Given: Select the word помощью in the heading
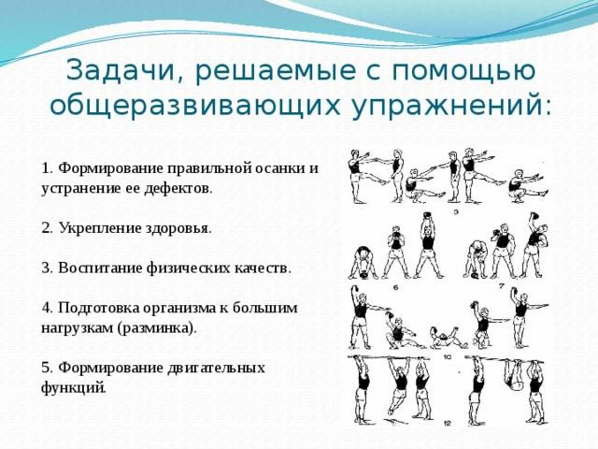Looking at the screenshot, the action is pos(463,71).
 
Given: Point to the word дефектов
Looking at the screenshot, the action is pos(178,189).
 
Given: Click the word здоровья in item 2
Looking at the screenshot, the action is pos(178,228).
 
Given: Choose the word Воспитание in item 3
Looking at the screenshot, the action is pos(100,268).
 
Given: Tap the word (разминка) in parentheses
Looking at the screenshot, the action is pos(157,328).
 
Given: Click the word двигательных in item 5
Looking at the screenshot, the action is pos(216,368).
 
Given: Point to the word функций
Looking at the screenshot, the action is pos(73,388).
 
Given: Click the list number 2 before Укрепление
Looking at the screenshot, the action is pos(46,228).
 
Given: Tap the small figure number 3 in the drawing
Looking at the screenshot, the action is pos(455,212).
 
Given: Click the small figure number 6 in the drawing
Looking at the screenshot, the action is pos(395,287).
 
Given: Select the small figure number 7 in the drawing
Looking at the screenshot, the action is pos(502,285).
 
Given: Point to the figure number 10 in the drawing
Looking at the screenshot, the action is pos(448,357).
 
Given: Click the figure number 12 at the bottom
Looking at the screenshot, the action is pos(448,424).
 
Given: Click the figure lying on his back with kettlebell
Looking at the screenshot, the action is pos(447,338).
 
